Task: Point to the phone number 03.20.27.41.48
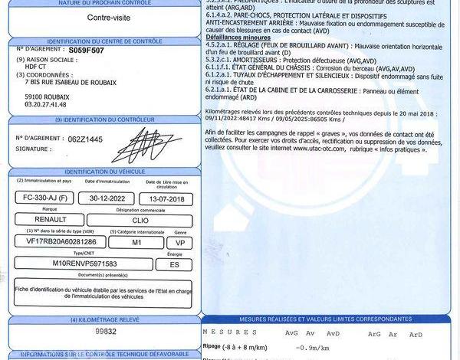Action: click(46, 105)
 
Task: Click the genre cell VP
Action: click(181, 241)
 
